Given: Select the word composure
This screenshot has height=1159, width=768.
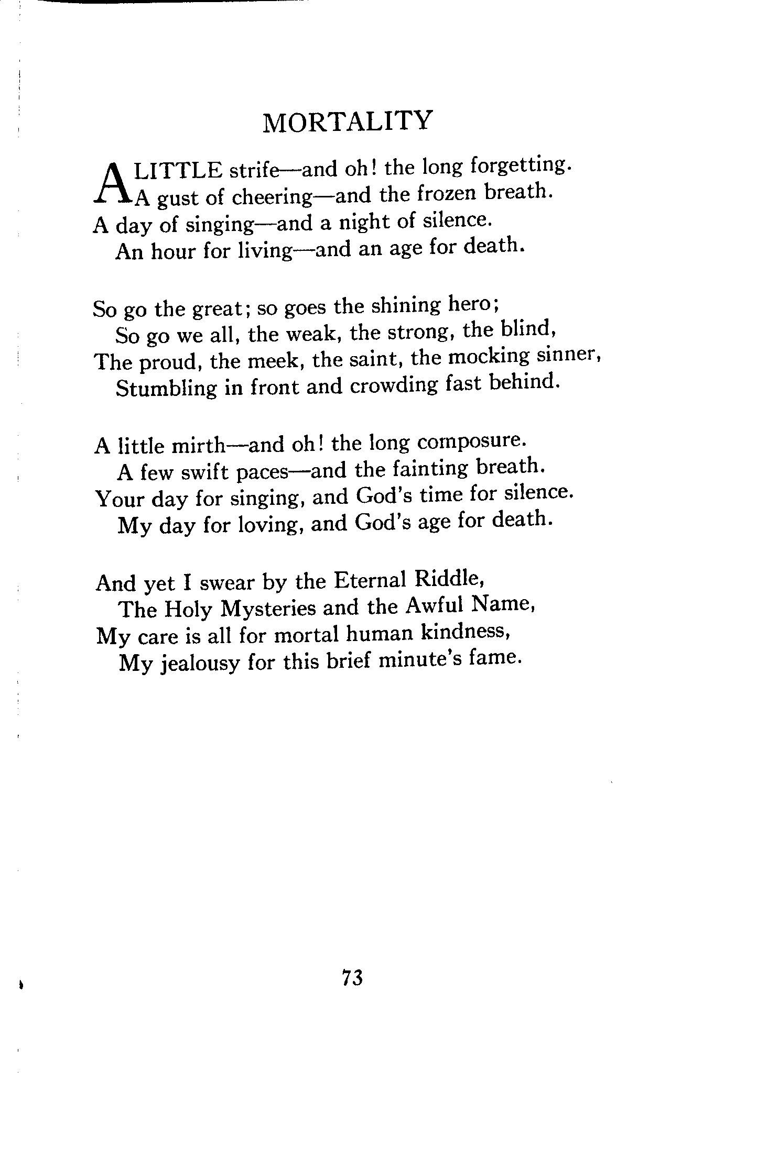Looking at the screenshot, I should [470, 441].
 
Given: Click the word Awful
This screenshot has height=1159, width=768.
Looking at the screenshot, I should [435, 606].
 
